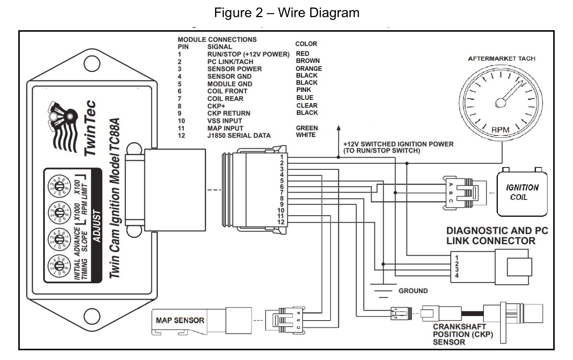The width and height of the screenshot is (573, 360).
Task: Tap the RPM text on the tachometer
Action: [500, 130]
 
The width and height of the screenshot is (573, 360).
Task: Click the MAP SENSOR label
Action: [180, 320]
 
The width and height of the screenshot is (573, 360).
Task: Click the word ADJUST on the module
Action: [96, 226]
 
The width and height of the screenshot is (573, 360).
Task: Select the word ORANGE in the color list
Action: [308, 69]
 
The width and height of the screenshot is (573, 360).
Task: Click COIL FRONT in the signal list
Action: [227, 91]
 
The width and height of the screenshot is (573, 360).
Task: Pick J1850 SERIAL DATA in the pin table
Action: [239, 136]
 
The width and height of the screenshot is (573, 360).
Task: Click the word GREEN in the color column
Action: [307, 128]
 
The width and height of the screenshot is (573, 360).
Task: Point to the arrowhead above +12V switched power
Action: [338, 129]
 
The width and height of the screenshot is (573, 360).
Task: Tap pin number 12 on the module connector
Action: [281, 222]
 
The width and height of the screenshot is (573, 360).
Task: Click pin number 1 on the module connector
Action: [282, 157]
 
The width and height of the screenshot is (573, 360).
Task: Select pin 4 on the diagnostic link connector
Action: [457, 276]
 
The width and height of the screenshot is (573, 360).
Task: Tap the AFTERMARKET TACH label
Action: [501, 59]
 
